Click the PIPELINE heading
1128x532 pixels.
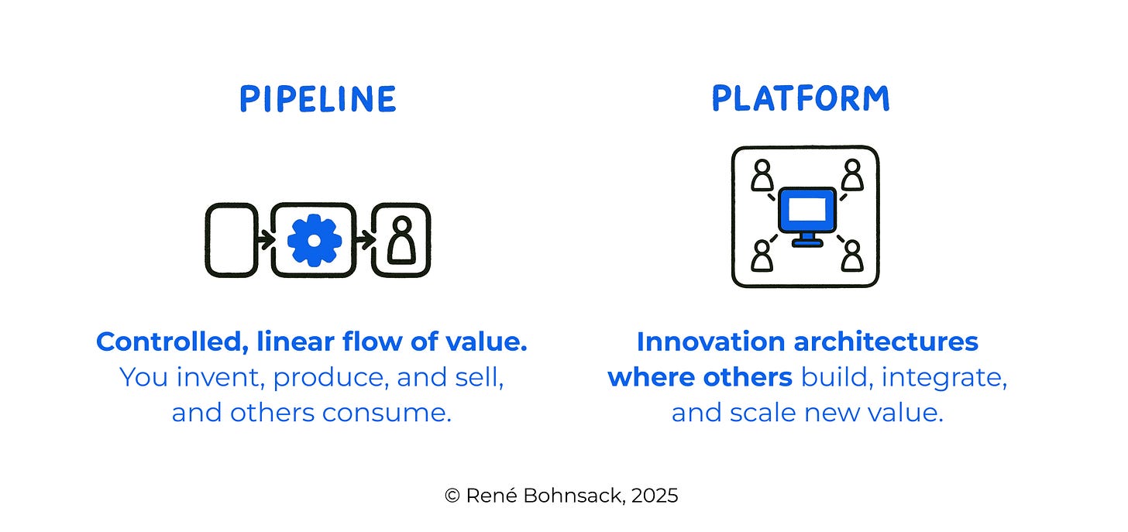tap(317, 100)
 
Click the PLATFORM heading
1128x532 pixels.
tap(800, 99)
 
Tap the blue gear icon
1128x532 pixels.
tap(314, 240)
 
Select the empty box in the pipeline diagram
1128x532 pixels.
tap(231, 240)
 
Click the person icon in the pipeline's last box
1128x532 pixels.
tap(401, 242)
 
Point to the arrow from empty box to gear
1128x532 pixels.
tap(265, 240)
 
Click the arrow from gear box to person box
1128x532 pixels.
tap(365, 240)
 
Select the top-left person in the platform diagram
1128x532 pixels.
tap(762, 175)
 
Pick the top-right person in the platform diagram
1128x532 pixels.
tap(852, 175)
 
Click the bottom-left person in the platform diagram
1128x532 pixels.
tap(762, 255)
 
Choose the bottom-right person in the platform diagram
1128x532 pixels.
tap(852, 255)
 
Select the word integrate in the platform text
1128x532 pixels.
tap(943, 377)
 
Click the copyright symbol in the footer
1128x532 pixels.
tap(452, 496)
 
